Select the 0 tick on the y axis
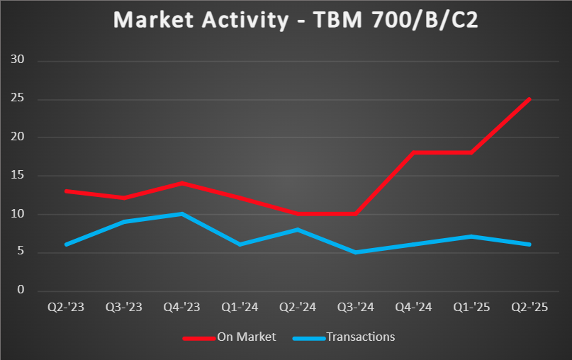pyautogui.click(x=21, y=291)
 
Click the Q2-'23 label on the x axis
pyautogui.click(x=66, y=308)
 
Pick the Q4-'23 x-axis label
pyautogui.click(x=182, y=308)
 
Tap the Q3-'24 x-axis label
pyautogui.click(x=356, y=308)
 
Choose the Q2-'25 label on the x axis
pyautogui.click(x=529, y=308)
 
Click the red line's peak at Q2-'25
pyautogui.click(x=529, y=99)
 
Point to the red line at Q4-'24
pyautogui.click(x=414, y=152)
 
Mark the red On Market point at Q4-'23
pyautogui.click(x=182, y=183)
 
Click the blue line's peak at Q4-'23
pyautogui.click(x=182, y=213)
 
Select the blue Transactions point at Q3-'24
pyautogui.click(x=356, y=252)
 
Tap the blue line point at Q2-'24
pyautogui.click(x=298, y=229)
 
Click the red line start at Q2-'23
pyautogui.click(x=66, y=191)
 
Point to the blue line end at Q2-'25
pyautogui.click(x=529, y=244)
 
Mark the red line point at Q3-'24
pyautogui.click(x=356, y=213)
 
